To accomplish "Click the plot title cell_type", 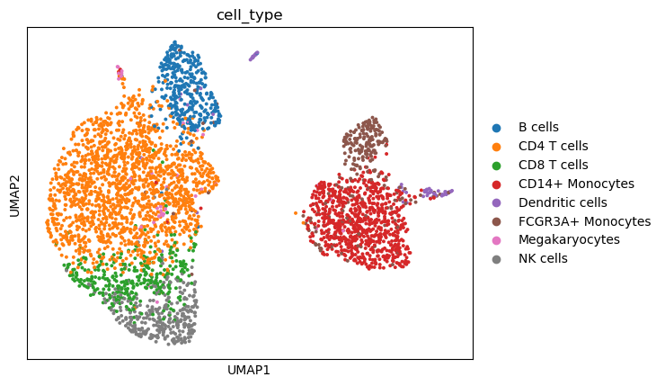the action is (x=250, y=15).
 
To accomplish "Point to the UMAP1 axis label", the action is (x=249, y=371).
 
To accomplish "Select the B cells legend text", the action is (x=538, y=127).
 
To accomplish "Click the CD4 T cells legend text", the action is (x=553, y=146).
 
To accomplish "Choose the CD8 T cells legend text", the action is (x=553, y=165).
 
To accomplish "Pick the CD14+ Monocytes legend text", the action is (x=576, y=184).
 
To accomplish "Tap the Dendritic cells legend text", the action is (x=563, y=202).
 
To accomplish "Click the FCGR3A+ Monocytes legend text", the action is (x=584, y=221).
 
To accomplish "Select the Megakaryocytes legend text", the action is (x=569, y=240).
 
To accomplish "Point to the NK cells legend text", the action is (x=543, y=258).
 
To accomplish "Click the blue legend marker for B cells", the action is (x=496, y=128).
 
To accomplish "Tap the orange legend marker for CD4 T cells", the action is (x=496, y=147).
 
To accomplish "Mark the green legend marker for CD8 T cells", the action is (x=496, y=166).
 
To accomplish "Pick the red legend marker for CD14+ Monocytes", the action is (x=496, y=184).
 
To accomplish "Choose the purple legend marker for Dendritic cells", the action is (x=496, y=203).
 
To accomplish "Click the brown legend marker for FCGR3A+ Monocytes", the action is (x=496, y=221).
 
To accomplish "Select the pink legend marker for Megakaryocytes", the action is (x=496, y=241).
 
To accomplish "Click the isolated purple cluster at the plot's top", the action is (x=254, y=56).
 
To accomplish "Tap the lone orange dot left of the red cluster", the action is (x=296, y=212).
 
